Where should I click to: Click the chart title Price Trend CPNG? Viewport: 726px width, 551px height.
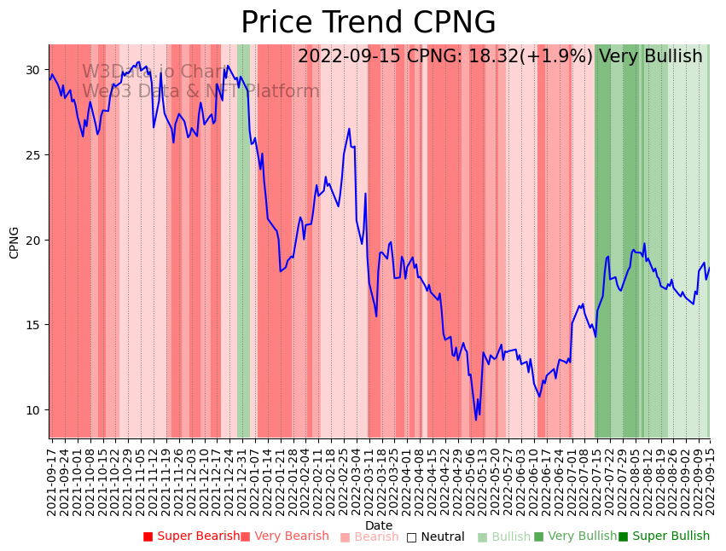click(368, 23)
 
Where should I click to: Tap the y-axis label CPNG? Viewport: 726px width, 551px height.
click(15, 242)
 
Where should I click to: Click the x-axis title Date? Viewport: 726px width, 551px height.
click(379, 525)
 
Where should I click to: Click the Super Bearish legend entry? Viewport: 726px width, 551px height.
click(192, 536)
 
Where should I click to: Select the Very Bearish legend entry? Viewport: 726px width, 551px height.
click(285, 536)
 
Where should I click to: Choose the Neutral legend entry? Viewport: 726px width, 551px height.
click(436, 537)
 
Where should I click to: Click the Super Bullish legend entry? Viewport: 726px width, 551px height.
click(665, 536)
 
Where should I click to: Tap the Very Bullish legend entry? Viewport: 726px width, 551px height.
click(576, 536)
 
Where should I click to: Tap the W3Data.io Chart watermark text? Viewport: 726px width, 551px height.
click(154, 72)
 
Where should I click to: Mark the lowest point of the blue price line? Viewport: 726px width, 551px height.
click(476, 420)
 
